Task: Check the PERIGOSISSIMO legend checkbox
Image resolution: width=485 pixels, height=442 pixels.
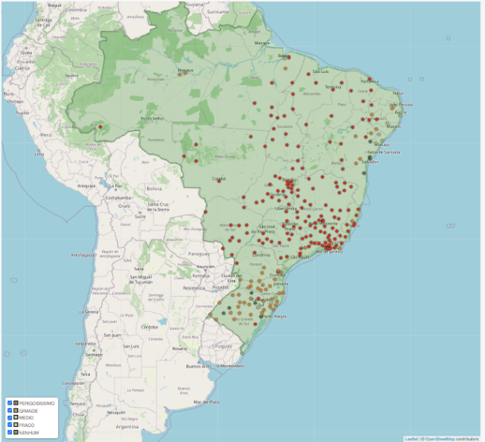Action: (9, 404)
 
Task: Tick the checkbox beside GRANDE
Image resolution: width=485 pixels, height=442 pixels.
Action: (9, 410)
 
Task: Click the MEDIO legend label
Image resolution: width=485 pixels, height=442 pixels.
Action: (28, 417)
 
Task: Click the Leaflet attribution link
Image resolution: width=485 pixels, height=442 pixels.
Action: (410, 438)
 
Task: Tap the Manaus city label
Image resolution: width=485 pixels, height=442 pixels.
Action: (185, 70)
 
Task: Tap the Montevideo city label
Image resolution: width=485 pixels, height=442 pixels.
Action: (231, 366)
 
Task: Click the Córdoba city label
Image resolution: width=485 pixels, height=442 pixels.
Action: (148, 327)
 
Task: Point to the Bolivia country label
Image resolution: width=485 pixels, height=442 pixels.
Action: (154, 190)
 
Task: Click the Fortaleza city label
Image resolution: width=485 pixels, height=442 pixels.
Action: (370, 80)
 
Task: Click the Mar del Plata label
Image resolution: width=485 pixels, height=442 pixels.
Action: (216, 402)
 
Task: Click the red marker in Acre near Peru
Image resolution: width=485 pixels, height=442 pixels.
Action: (100, 127)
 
